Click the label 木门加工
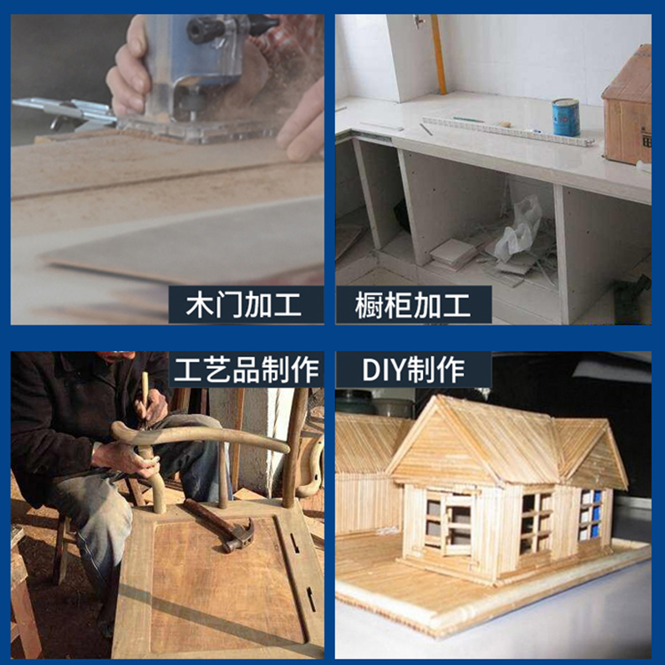pos(244,305)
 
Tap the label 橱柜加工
pos(412,305)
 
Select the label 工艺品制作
pos(246,370)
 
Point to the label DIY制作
pos(413,370)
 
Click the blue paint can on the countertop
pos(566,117)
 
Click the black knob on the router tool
pos(205,30)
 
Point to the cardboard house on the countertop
pos(628,106)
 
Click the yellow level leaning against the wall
pos(439,54)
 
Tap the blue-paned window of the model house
pos(591,514)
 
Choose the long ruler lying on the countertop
pos(507,131)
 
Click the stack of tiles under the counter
pos(453,254)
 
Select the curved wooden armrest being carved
pos(199,438)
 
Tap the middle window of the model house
pos(536,523)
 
